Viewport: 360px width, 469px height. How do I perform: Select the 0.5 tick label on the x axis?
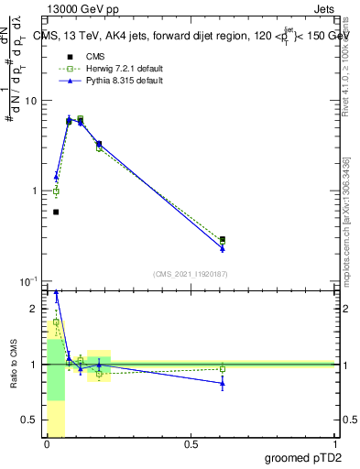coord(191,444)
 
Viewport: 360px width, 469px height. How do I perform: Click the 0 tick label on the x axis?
coord(47,444)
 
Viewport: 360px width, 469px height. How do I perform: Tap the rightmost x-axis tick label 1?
coord(334,444)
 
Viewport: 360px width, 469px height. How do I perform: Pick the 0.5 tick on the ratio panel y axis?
coord(32,420)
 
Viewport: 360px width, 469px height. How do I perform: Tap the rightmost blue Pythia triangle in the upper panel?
coord(223,248)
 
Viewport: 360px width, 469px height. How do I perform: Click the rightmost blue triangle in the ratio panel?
coord(223,383)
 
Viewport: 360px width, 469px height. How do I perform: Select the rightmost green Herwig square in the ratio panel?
coord(223,369)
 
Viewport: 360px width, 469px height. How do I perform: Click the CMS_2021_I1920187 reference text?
coord(190,273)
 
